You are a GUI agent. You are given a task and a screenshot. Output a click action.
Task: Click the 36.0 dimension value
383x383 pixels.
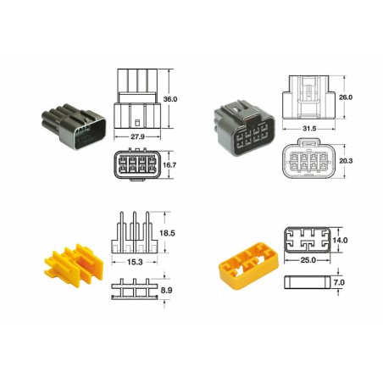coord(170,99)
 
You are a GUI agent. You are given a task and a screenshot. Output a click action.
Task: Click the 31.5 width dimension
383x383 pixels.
coord(309,129)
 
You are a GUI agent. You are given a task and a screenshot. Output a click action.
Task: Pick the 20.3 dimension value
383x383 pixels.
coord(345,161)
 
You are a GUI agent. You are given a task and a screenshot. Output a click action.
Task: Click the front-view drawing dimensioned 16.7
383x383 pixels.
coord(140,165)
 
